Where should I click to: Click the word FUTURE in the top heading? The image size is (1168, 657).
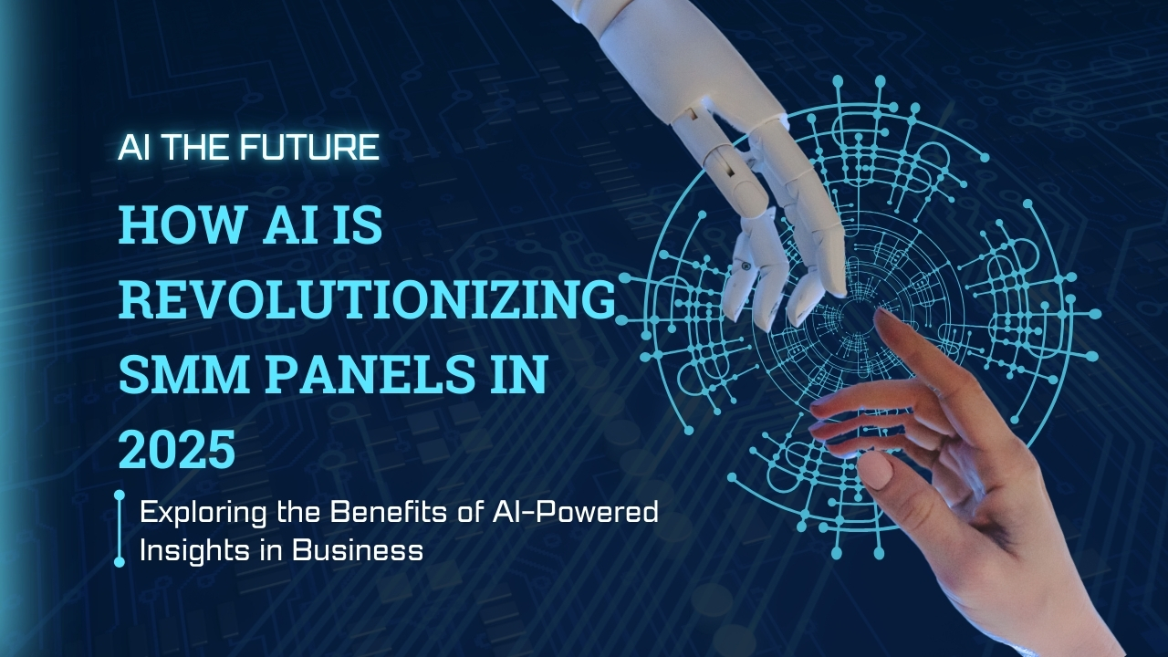pyautogui.click(x=309, y=147)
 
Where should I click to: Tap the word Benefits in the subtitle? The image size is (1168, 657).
pyautogui.click(x=385, y=512)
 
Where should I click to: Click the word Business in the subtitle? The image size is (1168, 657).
pyautogui.click(x=357, y=549)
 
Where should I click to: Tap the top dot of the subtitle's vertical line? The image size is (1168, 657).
pyautogui.click(x=120, y=495)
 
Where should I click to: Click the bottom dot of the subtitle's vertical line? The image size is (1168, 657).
pyautogui.click(x=120, y=561)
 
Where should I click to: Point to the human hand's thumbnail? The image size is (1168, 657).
pyautogui.click(x=874, y=469)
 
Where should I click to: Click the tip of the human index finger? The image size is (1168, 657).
pyautogui.click(x=879, y=315)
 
